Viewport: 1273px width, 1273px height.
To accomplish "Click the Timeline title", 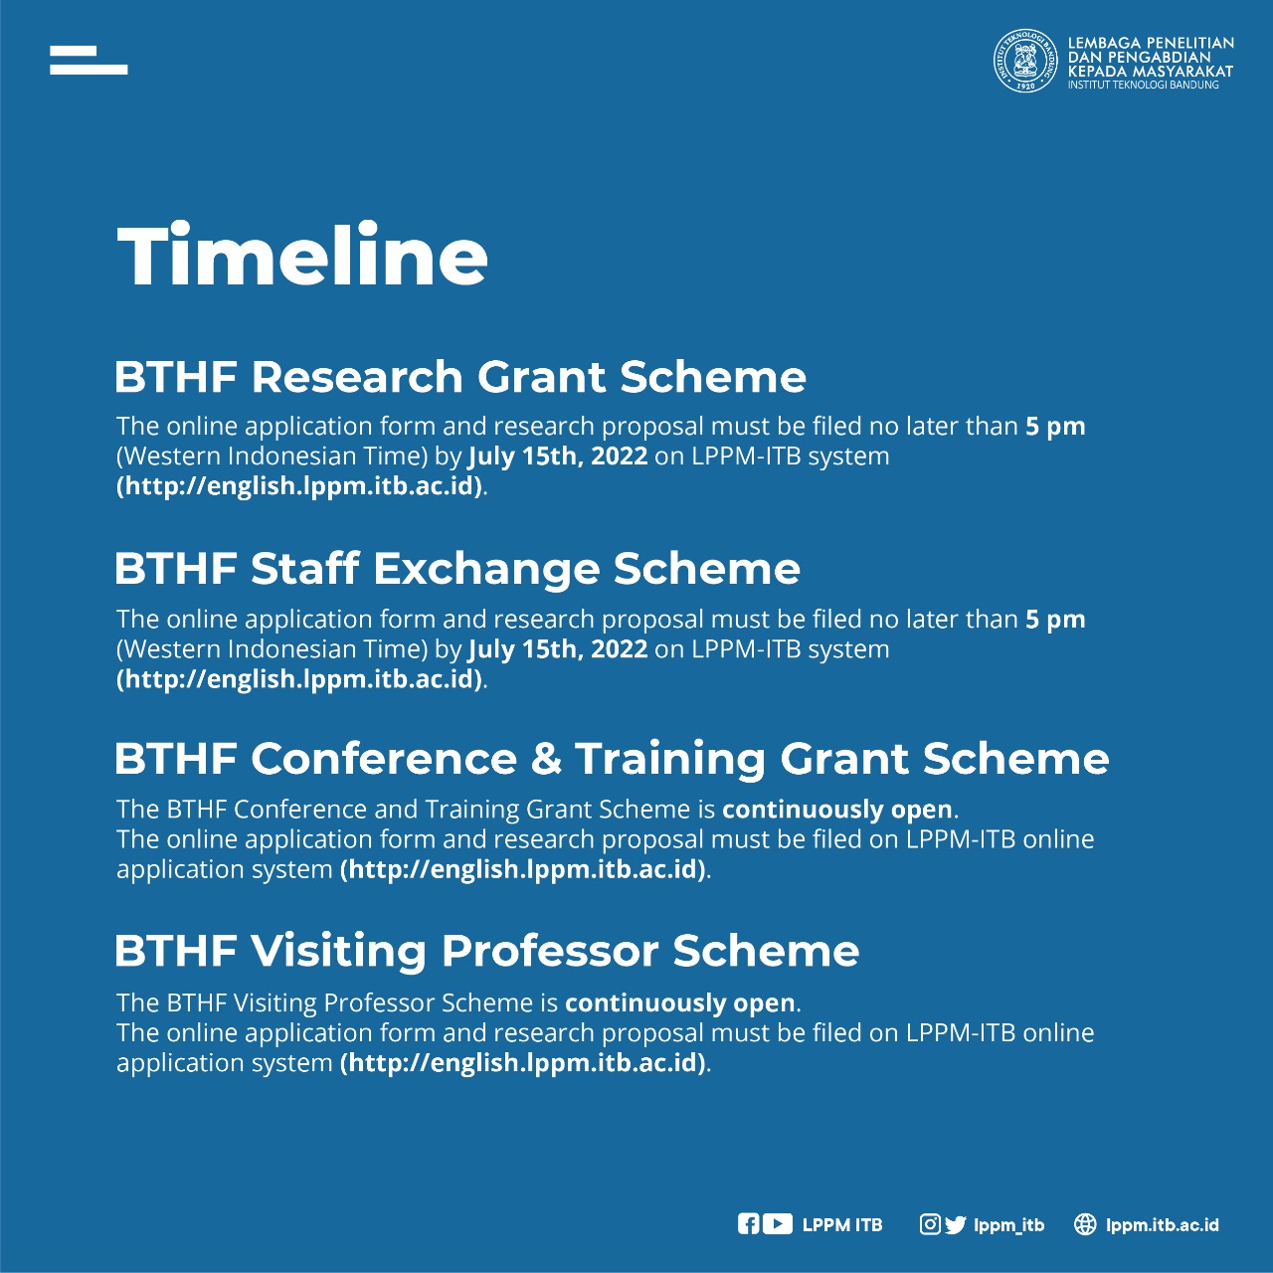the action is tap(302, 255).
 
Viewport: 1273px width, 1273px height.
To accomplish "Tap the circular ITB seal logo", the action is tap(1026, 60).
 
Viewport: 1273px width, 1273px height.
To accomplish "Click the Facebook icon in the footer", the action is tap(748, 1224).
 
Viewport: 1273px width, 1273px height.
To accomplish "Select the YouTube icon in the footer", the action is tap(778, 1224).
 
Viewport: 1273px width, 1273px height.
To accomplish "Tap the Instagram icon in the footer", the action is tap(930, 1224).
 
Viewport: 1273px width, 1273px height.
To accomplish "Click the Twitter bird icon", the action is tap(955, 1225).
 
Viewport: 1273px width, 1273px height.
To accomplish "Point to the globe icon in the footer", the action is tap(1085, 1224).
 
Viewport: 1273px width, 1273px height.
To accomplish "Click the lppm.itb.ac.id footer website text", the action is tap(1162, 1225).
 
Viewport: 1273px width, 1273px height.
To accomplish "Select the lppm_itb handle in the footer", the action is tap(1008, 1225).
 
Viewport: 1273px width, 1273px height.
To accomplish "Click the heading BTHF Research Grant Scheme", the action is tap(459, 377).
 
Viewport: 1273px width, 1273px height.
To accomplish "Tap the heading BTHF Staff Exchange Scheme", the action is tap(457, 569).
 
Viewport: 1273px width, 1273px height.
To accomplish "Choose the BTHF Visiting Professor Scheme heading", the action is tap(487, 951).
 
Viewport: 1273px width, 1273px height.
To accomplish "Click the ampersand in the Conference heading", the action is tap(546, 759).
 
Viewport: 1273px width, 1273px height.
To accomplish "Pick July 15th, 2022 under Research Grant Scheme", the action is tap(558, 455).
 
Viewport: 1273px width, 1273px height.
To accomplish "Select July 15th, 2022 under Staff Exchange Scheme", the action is tap(558, 648).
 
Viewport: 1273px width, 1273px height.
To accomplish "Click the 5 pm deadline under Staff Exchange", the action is tap(1055, 621).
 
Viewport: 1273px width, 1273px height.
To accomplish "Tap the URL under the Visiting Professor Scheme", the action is tap(524, 1062).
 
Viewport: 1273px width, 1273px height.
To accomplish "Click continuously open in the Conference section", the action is tap(837, 810).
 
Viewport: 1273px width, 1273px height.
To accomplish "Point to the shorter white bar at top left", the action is tap(73, 51).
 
